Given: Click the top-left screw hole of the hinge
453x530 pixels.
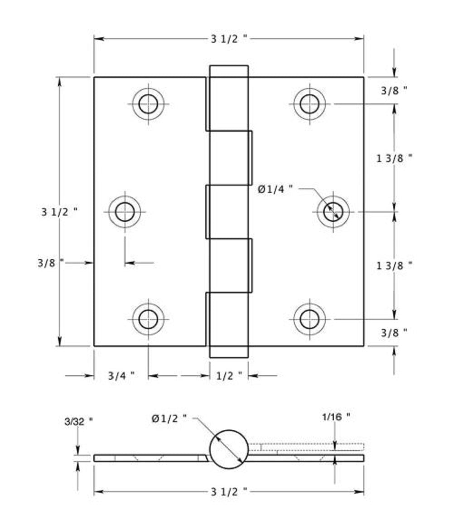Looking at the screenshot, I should (x=148, y=104).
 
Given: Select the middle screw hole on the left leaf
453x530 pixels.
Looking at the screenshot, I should (x=125, y=211).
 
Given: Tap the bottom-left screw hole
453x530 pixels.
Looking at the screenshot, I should (x=148, y=319).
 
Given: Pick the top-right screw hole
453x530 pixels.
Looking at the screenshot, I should (x=309, y=104).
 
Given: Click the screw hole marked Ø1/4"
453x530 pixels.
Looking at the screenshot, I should (x=333, y=211).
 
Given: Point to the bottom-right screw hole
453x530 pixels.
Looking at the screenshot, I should (x=309, y=319).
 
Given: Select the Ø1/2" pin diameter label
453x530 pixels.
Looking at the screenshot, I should (x=169, y=419).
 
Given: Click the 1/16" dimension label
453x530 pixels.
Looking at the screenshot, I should (x=336, y=416).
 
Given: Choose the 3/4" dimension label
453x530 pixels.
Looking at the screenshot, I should (x=121, y=376).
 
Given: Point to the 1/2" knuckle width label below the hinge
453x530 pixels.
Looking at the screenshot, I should (x=229, y=376).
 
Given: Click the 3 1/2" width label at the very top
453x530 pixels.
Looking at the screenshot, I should (x=229, y=39).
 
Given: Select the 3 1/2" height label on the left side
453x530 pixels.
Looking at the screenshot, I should (x=59, y=211).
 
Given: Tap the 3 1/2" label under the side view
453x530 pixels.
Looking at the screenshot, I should (x=229, y=491).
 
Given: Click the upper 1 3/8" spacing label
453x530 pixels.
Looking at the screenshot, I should (x=394, y=158).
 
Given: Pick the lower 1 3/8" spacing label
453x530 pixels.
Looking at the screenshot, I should (x=394, y=265).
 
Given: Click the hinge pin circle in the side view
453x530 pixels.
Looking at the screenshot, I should (x=229, y=449).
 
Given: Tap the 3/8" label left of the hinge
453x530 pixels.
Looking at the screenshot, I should (x=50, y=262).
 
